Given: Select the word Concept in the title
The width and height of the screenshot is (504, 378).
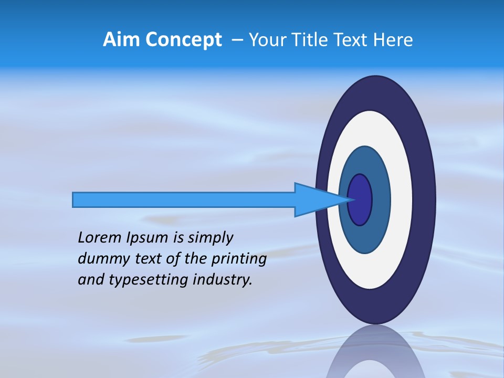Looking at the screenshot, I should pos(183,40).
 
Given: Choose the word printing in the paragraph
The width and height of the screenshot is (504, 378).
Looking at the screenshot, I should pos(238,259).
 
